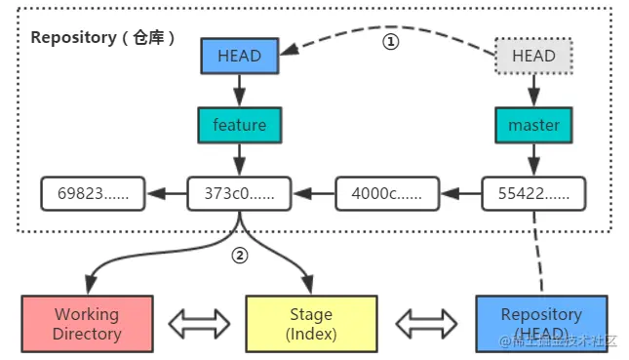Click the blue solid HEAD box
240,56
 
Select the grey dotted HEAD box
533,56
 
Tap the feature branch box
240,125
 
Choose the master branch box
533,125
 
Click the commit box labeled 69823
93,193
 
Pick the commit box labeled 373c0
240,193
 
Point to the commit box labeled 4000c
387,193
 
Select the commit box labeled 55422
533,193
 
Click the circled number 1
391,42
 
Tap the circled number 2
240,256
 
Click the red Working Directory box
87,324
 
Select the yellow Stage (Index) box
311,324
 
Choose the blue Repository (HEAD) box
541,324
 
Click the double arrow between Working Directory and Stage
199,324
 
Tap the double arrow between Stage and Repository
426,324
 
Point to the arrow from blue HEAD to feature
240,91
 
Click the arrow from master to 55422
533,160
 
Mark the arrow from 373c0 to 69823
167,193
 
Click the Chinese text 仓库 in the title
148,38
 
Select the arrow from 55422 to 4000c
461,193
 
